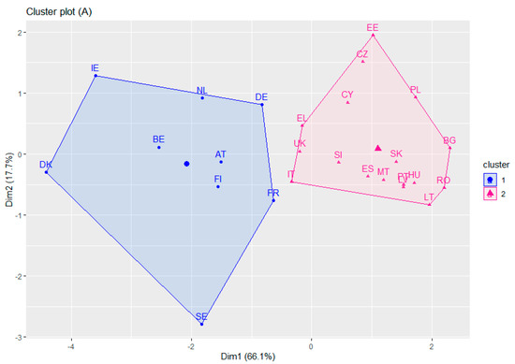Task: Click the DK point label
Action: (x=46, y=165)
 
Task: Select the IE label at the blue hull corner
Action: (x=95, y=68)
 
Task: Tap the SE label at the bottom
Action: (x=201, y=317)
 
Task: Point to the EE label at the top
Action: (x=373, y=28)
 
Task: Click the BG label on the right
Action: (x=449, y=139)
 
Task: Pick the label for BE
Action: (x=158, y=139)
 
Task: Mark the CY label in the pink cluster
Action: (x=347, y=95)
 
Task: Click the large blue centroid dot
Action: (x=187, y=164)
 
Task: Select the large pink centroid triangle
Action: (x=377, y=147)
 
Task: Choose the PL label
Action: (x=416, y=90)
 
